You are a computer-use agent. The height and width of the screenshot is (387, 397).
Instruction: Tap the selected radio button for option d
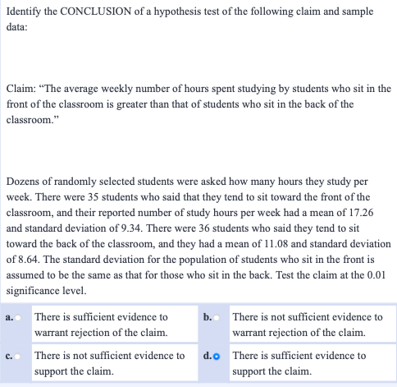pos(221,356)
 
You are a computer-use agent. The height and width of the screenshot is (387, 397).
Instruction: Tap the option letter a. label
pos(8,317)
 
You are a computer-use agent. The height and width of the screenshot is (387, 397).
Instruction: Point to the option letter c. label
pos(8,356)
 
